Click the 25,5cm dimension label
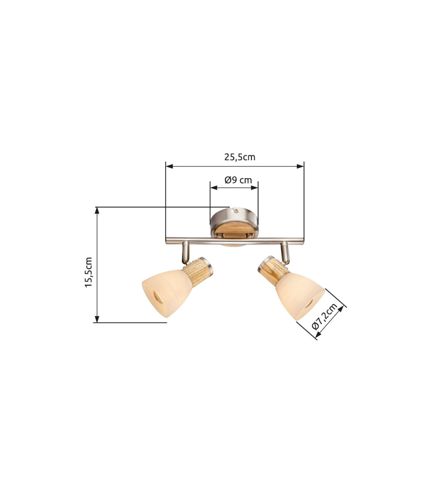(x=240, y=157)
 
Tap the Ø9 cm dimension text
(x=238, y=180)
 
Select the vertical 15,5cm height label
(x=89, y=272)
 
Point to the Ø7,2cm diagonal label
(x=324, y=316)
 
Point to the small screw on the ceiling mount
(x=235, y=211)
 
